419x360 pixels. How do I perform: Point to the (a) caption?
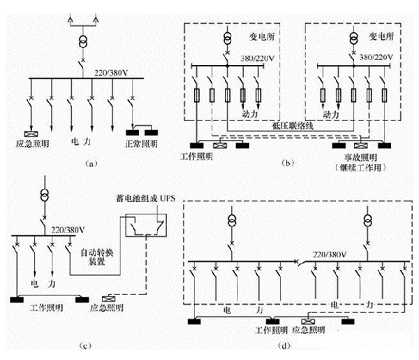[89, 163]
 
